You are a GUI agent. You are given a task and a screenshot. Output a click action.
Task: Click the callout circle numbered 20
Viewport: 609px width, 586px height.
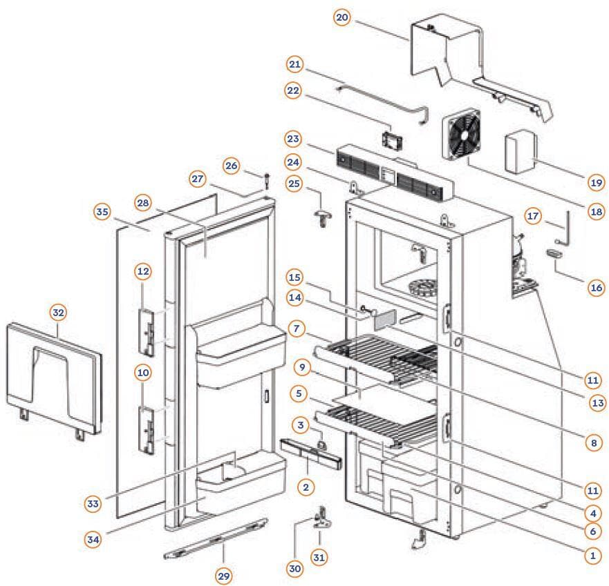pyautogui.click(x=341, y=18)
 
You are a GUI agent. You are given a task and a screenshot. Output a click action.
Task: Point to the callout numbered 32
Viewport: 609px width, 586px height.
pyautogui.click(x=57, y=313)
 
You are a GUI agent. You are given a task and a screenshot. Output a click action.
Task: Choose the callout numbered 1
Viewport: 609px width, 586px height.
pyautogui.click(x=591, y=554)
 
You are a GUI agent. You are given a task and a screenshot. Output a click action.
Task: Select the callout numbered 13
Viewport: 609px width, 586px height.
pyautogui.click(x=595, y=402)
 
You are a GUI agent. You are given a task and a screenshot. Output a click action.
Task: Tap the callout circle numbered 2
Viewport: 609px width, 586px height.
pyautogui.click(x=303, y=487)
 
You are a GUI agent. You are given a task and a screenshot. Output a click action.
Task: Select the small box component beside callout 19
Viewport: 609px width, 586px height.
pyautogui.click(x=519, y=152)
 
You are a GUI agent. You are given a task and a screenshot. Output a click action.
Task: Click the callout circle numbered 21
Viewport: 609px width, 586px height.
pyautogui.click(x=296, y=65)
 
